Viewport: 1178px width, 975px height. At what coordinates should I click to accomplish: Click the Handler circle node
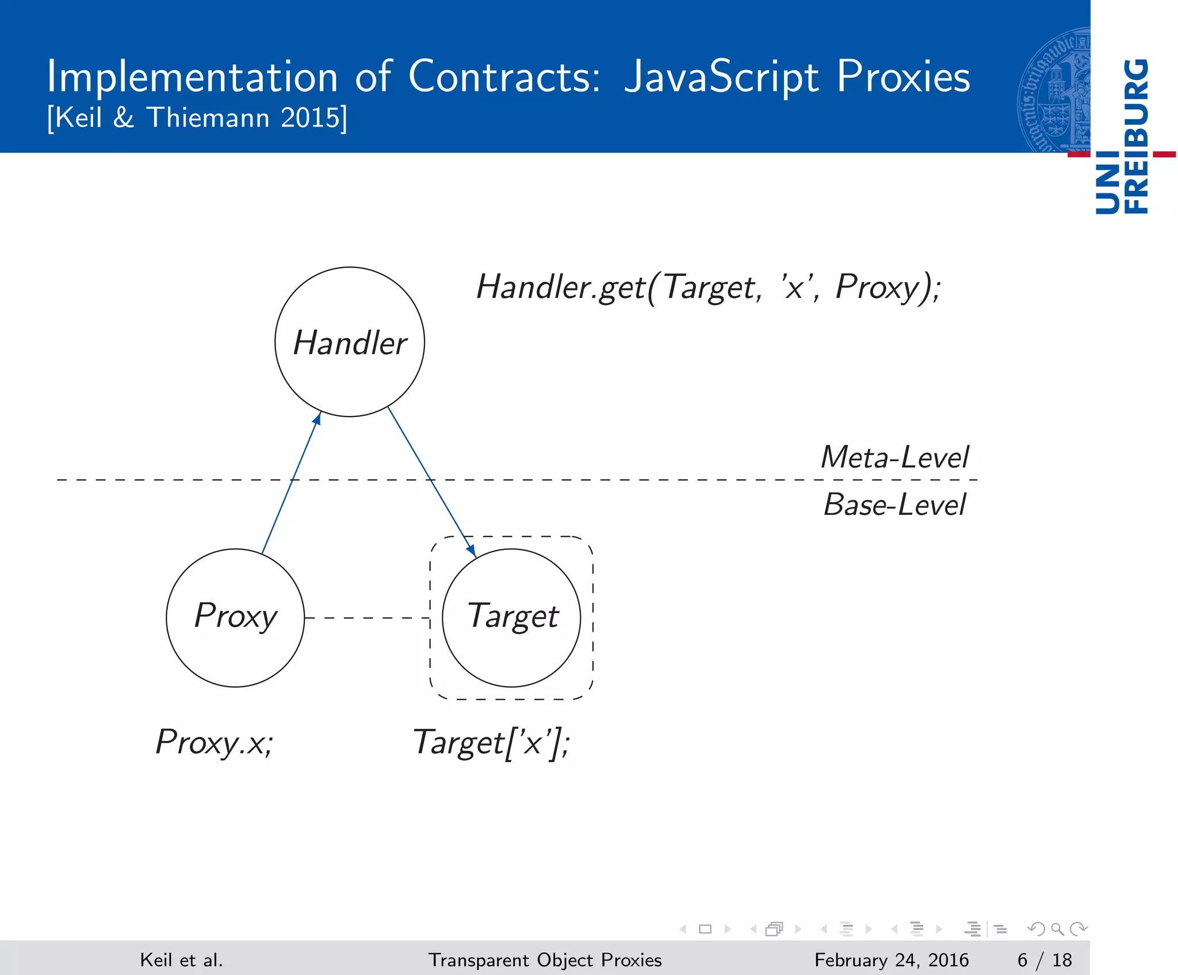pos(350,342)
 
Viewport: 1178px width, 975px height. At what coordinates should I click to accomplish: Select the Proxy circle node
pos(235,617)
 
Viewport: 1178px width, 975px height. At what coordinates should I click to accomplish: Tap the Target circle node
pos(511,617)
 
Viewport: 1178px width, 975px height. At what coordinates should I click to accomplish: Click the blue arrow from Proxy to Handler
pos(290,483)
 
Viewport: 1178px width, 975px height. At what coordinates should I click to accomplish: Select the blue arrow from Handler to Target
pos(431,481)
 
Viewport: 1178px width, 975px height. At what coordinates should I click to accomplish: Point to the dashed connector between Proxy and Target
pos(367,618)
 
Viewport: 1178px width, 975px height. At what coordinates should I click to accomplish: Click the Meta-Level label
pos(894,457)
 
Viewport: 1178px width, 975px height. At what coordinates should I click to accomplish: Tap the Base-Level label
pos(894,505)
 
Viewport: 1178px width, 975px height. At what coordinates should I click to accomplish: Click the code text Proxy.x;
pos(215,743)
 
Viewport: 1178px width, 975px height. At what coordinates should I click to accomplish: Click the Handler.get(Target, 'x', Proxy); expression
pos(708,287)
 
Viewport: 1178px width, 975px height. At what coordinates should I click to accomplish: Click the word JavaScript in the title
pos(721,77)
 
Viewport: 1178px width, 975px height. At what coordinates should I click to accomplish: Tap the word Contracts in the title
pos(504,76)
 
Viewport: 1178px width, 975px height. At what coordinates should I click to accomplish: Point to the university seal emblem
pos(1054,91)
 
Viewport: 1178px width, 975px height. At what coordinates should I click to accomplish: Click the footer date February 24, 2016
pos(891,960)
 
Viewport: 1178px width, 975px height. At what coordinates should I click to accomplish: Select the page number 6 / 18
pos(1044,960)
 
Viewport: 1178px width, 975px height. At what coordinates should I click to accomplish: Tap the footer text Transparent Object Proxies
pos(545,960)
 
